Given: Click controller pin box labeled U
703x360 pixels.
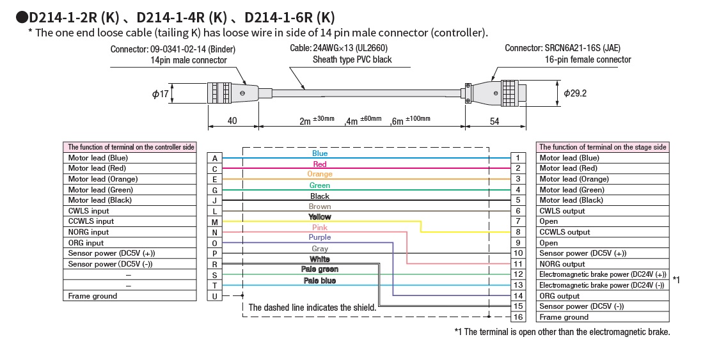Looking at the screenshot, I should pos(215,296).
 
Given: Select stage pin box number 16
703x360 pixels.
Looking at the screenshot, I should pos(519,317).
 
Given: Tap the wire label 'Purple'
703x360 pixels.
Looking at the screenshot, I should pos(320,237).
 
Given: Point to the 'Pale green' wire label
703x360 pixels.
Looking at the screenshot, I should pos(320,269).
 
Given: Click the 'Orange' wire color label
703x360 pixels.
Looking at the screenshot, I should pos(320,174).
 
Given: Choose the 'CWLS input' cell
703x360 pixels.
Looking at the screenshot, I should pos(129,211).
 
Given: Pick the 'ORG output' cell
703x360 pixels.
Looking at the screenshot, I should pos(602,296).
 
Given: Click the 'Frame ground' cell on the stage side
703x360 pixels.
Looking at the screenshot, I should pos(602,317).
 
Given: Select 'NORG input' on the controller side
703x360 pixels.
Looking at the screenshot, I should pos(129,232).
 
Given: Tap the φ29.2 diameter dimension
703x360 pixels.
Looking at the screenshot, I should pos(575,93).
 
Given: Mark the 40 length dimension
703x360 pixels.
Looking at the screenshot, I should pos(232,121).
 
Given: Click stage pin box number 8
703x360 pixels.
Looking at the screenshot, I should pos(519,232).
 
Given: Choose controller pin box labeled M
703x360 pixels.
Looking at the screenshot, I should pos(215,222).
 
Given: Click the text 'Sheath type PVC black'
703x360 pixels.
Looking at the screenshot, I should pos(352,59).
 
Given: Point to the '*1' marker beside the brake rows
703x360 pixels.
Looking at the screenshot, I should pos(677,280).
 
